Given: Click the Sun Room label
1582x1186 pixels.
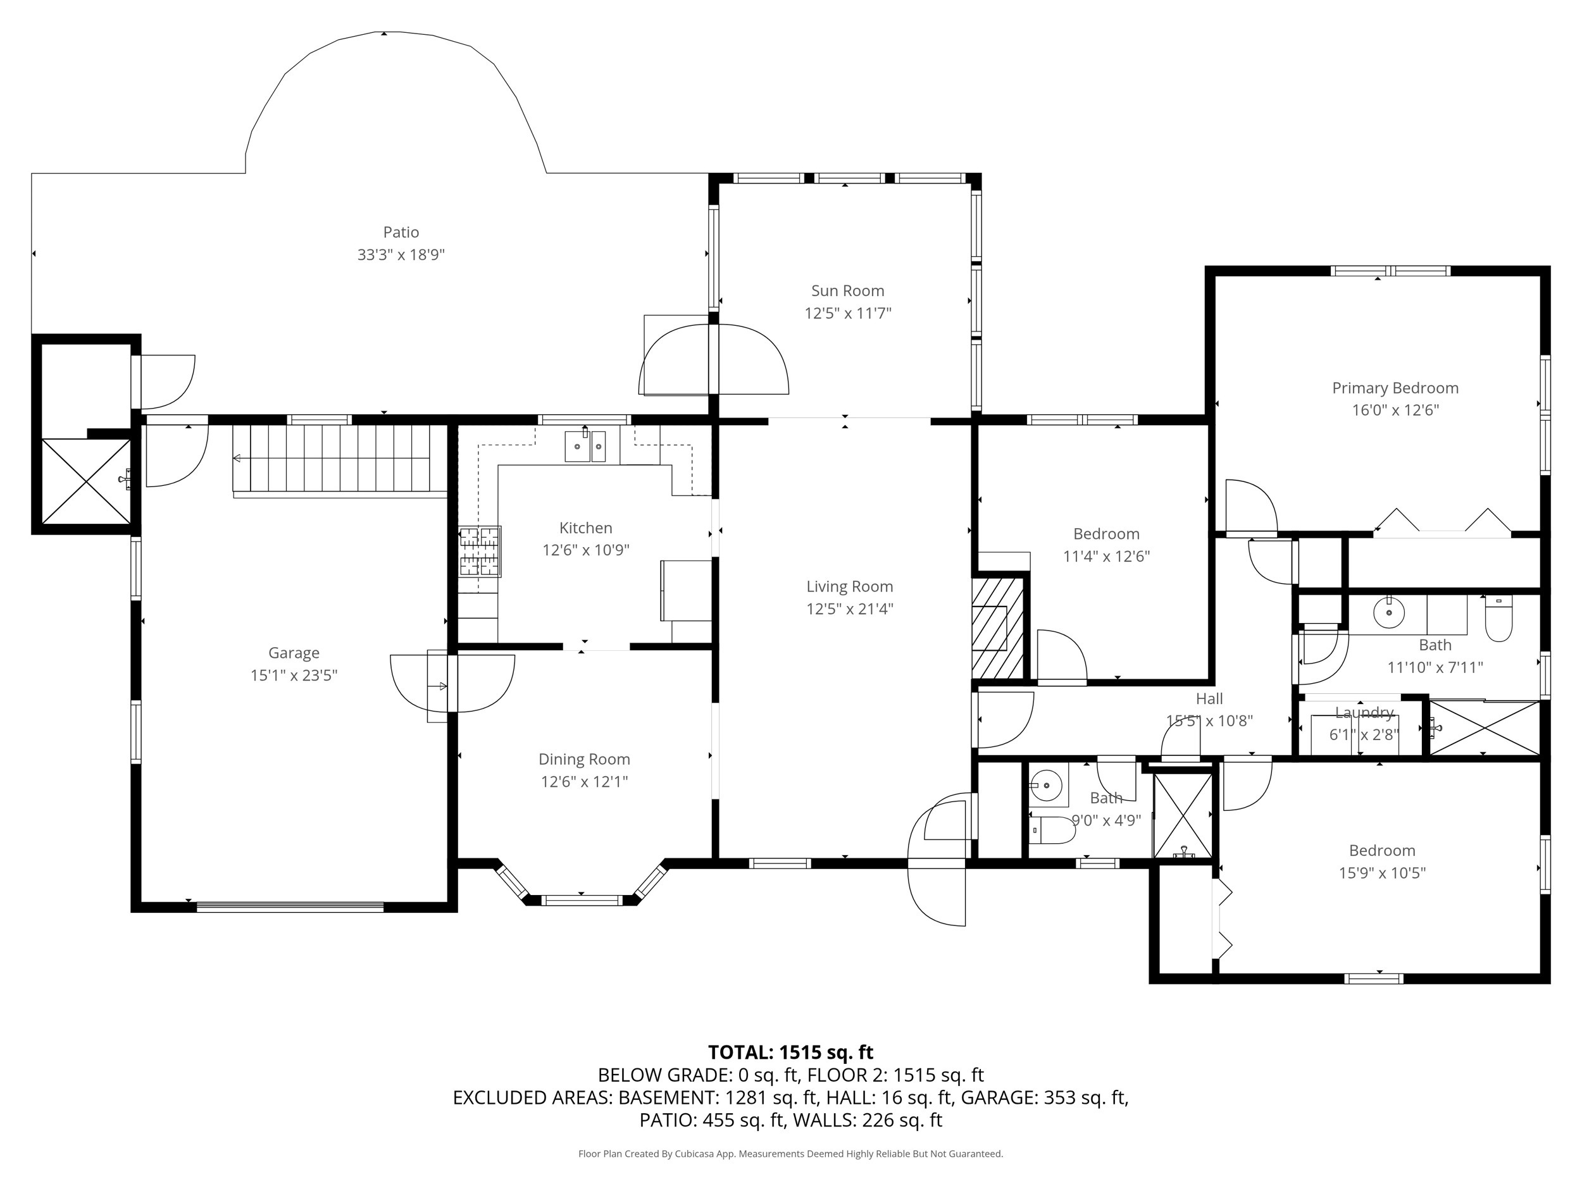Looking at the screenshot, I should pyautogui.click(x=847, y=290).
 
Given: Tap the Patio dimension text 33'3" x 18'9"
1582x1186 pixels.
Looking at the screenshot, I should pyautogui.click(x=401, y=254).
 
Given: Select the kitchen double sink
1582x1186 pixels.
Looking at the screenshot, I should pyautogui.click(x=585, y=446).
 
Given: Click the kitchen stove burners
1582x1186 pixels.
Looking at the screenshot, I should pyautogui.click(x=480, y=551).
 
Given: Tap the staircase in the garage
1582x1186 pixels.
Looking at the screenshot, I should pyautogui.click(x=340, y=457).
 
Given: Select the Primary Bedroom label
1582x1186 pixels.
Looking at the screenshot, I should pyautogui.click(x=1395, y=388).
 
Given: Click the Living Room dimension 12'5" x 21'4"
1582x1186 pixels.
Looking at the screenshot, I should pyautogui.click(x=849, y=608).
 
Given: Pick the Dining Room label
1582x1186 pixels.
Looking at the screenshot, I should pyautogui.click(x=583, y=758).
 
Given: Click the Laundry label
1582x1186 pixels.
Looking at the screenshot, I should pyautogui.click(x=1364, y=712).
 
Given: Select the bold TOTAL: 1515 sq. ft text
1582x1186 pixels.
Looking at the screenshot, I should pyautogui.click(x=790, y=1053).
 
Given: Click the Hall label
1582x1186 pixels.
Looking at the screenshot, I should pyautogui.click(x=1209, y=698).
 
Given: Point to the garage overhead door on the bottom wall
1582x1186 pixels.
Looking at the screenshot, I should pyautogui.click(x=290, y=907).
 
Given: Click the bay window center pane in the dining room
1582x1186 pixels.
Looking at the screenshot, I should pyautogui.click(x=581, y=900).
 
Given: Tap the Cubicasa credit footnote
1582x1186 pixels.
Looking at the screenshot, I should pyautogui.click(x=790, y=1153).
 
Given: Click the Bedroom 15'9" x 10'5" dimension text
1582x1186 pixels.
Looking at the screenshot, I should pyautogui.click(x=1382, y=872).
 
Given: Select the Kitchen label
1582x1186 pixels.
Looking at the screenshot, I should pyautogui.click(x=585, y=528).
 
